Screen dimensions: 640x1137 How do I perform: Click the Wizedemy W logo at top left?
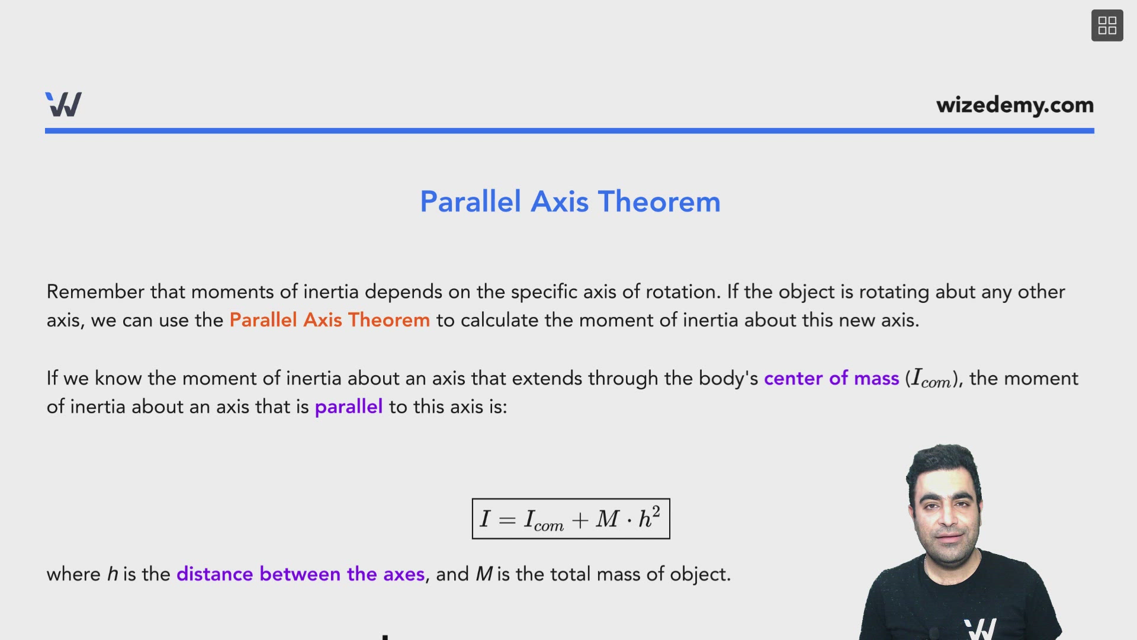click(x=63, y=104)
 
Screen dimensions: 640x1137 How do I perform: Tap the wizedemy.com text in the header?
click(x=1014, y=105)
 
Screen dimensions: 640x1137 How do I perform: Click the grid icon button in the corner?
click(x=1107, y=25)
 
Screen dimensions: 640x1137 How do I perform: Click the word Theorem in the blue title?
click(x=659, y=201)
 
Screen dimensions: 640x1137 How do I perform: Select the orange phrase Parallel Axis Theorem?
click(x=329, y=320)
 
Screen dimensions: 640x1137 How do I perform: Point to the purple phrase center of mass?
click(x=831, y=378)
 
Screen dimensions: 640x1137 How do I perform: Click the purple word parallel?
click(x=348, y=407)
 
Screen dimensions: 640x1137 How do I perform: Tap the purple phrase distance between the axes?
click(x=300, y=574)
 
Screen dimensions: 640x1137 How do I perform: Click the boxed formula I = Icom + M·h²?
click(x=570, y=519)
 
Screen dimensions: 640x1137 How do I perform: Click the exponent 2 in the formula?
click(x=656, y=511)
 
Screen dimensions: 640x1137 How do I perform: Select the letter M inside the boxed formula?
click(x=607, y=519)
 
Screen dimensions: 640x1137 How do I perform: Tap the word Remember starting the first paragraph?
click(x=95, y=292)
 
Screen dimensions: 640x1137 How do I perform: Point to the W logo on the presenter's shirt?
click(x=979, y=628)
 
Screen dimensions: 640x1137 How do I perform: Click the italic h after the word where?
click(x=113, y=574)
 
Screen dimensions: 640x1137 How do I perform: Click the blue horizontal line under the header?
click(x=568, y=130)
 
